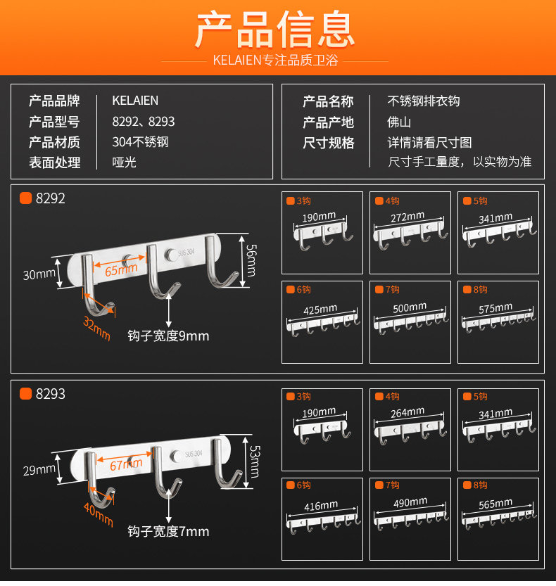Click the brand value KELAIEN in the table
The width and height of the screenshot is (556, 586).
click(x=135, y=101)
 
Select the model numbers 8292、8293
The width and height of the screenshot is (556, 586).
click(x=144, y=122)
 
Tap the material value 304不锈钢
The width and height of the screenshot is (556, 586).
click(x=141, y=142)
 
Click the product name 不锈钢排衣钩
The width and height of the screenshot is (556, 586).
click(x=424, y=101)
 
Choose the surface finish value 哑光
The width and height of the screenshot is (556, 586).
click(x=124, y=163)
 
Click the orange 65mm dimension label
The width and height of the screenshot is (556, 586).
click(x=121, y=269)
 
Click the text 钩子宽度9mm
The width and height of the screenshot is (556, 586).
click(x=168, y=336)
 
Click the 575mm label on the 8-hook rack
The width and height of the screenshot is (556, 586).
click(x=495, y=307)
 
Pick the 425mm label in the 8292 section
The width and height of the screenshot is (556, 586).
click(x=320, y=310)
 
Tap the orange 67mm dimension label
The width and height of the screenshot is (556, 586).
click(x=126, y=465)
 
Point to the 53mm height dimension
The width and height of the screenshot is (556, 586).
click(x=253, y=458)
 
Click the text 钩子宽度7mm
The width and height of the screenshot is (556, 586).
click(x=168, y=532)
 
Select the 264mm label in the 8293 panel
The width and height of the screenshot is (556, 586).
click(x=407, y=413)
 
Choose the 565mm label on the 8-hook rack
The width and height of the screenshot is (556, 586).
click(x=495, y=503)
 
